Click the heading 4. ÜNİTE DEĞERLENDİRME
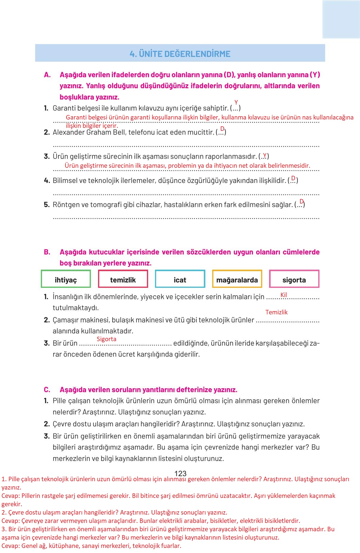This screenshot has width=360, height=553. click(180, 54)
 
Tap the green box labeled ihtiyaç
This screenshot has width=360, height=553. click(66, 279)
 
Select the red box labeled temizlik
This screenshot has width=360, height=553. click(123, 279)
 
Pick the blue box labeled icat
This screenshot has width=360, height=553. click(180, 279)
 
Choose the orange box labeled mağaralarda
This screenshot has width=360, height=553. click(237, 279)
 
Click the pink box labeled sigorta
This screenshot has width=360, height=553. click(294, 279)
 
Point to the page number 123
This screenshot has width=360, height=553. click(180, 473)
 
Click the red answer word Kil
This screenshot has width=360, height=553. click(283, 295)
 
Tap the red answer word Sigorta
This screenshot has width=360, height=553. click(106, 339)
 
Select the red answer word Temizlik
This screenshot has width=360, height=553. click(276, 312)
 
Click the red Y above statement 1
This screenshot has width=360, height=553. click(236, 103)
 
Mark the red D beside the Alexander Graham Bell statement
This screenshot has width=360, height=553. click(222, 129)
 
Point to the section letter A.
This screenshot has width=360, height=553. click(47, 75)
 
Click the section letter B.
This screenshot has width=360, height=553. click(47, 252)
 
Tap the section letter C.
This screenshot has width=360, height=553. click(47, 390)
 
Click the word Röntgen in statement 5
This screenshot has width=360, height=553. click(64, 205)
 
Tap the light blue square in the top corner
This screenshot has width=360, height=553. click(341, 19)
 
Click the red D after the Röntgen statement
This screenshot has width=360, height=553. click(302, 201)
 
